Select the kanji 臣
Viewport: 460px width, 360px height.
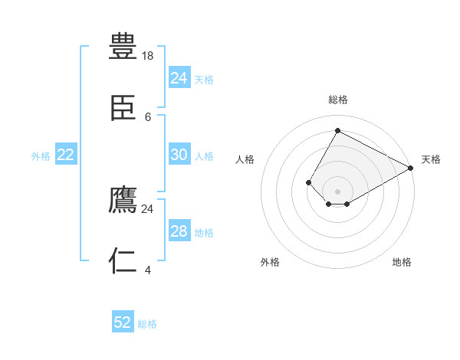(x=123, y=108)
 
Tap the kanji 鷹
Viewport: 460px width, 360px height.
(x=123, y=200)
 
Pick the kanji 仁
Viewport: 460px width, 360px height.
(x=123, y=261)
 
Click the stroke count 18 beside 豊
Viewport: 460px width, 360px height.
(x=149, y=56)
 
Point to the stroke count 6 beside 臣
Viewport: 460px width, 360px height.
(x=148, y=116)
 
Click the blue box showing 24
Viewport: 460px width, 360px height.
(x=179, y=77)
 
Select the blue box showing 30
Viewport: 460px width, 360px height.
(x=179, y=155)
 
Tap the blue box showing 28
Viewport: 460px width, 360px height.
(x=179, y=231)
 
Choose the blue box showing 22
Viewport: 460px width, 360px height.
(x=66, y=155)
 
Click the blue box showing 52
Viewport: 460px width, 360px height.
(x=123, y=322)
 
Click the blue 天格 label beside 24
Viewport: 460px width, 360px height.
(x=204, y=79)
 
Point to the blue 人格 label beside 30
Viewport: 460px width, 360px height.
(x=204, y=156)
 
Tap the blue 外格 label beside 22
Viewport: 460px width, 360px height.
(x=41, y=156)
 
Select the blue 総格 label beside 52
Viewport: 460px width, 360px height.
(x=147, y=324)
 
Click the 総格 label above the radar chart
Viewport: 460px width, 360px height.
(x=337, y=100)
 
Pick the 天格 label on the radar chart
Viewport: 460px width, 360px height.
(x=431, y=159)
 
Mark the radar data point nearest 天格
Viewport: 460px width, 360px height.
(x=410, y=169)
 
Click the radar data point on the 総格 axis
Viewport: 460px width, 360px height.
(x=337, y=130)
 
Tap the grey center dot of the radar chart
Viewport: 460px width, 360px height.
(x=337, y=191)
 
